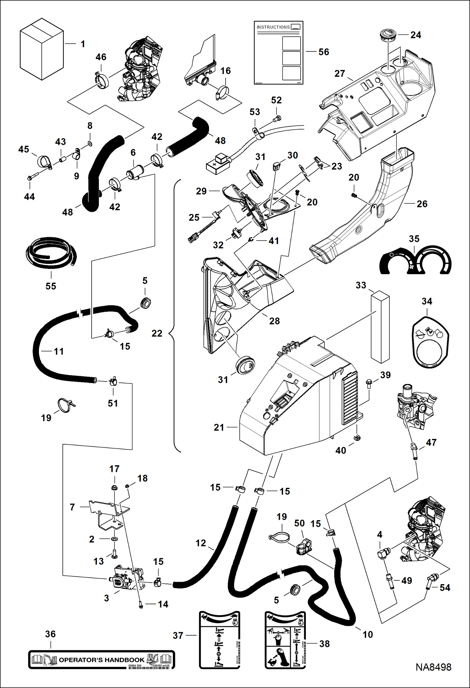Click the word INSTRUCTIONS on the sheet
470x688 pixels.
click(x=273, y=27)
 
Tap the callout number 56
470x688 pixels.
click(x=324, y=52)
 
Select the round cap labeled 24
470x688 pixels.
click(x=387, y=35)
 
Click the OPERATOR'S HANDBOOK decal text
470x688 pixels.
click(x=101, y=660)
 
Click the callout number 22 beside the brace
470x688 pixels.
click(x=157, y=333)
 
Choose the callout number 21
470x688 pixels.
click(x=219, y=427)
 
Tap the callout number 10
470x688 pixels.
click(x=368, y=634)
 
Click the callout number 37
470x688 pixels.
click(x=178, y=635)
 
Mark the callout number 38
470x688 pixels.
click(x=324, y=643)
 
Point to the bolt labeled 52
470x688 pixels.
click(x=277, y=119)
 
